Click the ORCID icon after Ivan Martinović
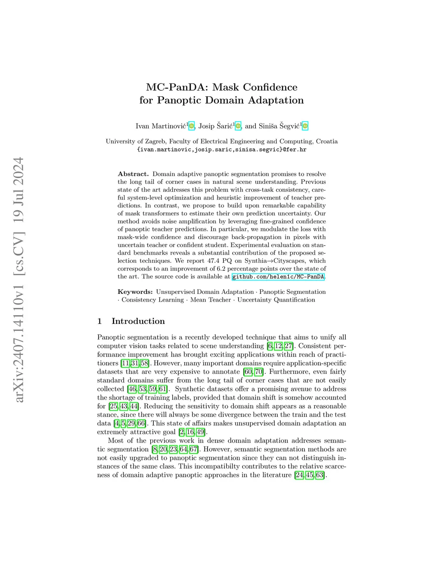pyautogui.click(x=192, y=126)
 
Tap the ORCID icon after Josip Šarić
pyautogui.click(x=238, y=126)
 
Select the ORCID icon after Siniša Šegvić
pyautogui.click(x=305, y=126)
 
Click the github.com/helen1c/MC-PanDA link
pyautogui.click(x=278, y=277)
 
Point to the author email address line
pyautogui.click(x=221, y=150)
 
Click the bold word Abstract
pyautogui.click(x=133, y=174)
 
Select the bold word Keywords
pyautogui.click(x=135, y=292)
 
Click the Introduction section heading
pyautogui.click(x=138, y=321)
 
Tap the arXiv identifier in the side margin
pyautogui.click(x=19, y=280)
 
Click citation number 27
pyautogui.click(x=288, y=346)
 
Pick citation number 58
pyautogui.click(x=144, y=363)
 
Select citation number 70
pyautogui.click(x=258, y=372)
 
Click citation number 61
pyautogui.click(x=162, y=389)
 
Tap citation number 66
pyautogui.click(x=141, y=423)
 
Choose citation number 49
pyautogui.click(x=200, y=432)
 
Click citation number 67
pyautogui.click(x=193, y=449)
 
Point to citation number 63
pyautogui.click(x=320, y=475)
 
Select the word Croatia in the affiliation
pyautogui.click(x=326, y=141)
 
